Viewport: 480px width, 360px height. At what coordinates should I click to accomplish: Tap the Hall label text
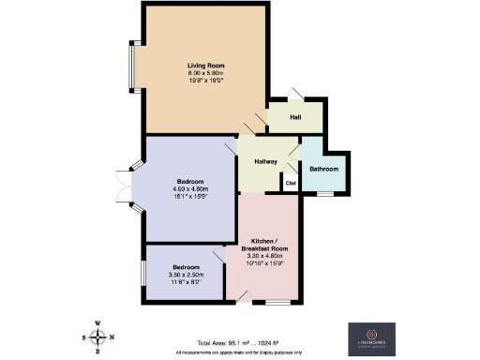(294, 117)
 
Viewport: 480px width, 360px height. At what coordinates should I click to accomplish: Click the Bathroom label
(323, 169)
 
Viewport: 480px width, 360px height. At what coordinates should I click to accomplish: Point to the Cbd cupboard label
(291, 182)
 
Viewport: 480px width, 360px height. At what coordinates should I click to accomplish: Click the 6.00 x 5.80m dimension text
(202, 73)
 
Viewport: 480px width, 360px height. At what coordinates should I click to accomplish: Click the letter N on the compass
(112, 337)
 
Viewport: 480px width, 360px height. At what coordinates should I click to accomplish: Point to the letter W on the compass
(97, 321)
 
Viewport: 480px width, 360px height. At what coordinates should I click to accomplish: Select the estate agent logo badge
(372, 337)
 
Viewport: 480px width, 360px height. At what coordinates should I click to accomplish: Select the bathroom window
(324, 194)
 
